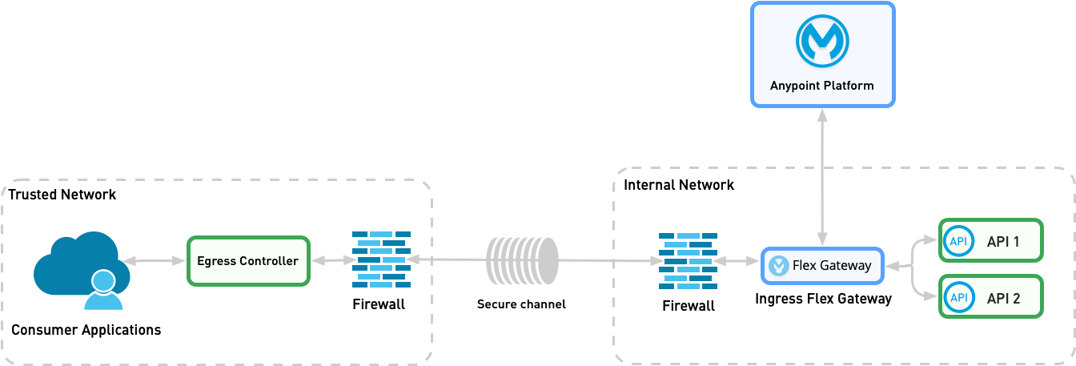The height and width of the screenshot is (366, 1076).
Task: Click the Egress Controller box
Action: [x=248, y=261]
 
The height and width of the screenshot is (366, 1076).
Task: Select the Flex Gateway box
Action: [x=822, y=266]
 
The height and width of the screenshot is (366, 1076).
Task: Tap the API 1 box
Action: [x=991, y=240]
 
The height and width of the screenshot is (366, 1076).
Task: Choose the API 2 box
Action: [x=991, y=297]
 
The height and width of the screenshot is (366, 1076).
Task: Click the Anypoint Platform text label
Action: [x=821, y=85]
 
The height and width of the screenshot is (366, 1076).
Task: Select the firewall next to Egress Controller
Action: [x=381, y=260]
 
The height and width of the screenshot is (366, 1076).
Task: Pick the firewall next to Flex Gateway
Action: [x=688, y=261]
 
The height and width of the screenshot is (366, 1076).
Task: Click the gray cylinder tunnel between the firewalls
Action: [x=522, y=260]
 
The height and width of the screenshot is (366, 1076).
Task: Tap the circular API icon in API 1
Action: [x=958, y=240]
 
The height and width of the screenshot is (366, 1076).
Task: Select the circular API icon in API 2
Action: [x=958, y=297]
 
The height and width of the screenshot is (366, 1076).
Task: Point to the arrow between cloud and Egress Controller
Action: [x=155, y=261]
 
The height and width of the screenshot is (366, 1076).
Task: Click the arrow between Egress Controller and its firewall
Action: [x=331, y=261]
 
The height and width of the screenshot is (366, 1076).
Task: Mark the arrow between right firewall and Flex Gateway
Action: [x=738, y=261]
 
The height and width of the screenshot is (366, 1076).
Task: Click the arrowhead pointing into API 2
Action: [x=931, y=296]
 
